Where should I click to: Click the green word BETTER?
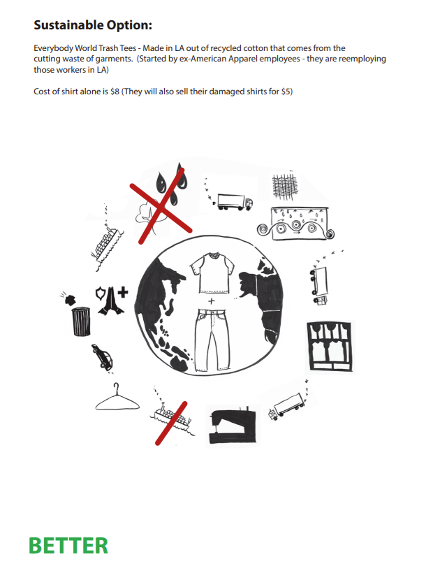pos(68,546)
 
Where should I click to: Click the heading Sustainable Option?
pos(93,25)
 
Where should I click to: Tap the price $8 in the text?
pos(115,92)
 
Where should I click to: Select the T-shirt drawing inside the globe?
pos(212,273)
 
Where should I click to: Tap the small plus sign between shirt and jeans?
pos(211,301)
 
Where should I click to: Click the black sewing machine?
pos(233,425)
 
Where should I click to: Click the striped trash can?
pos(81,321)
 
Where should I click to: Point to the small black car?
pos(102,357)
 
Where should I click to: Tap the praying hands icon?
pos(111,301)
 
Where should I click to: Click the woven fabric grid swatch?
pos(284,187)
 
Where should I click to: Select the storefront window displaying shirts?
pos(330,347)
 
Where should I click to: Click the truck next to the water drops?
pos(235,202)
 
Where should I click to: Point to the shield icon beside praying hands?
pos(101,293)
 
